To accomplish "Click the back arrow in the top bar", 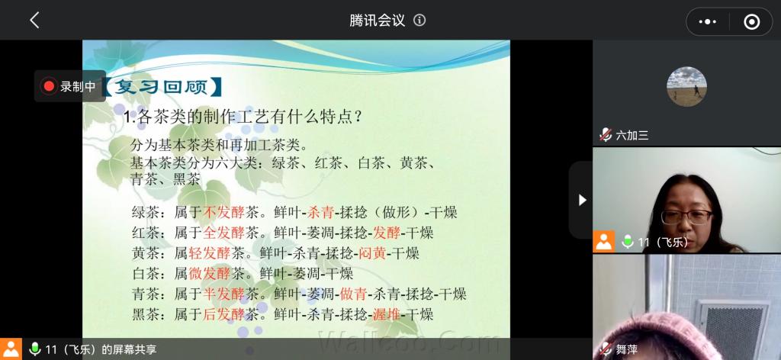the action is click(x=34, y=21).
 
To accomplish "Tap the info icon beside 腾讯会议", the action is click(x=420, y=21).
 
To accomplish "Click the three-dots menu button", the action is click(x=707, y=21).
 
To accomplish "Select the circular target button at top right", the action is click(x=751, y=21).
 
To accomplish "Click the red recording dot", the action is click(x=49, y=86).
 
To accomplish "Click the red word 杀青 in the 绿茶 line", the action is click(x=321, y=213).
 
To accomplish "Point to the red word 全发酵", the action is click(x=224, y=233).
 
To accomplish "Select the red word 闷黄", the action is click(x=372, y=253).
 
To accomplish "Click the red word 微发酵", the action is click(x=210, y=273).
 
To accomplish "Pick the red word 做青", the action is click(x=354, y=294).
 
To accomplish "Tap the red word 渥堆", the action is click(x=387, y=314).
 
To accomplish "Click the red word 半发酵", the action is click(x=224, y=294).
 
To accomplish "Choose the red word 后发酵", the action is click(x=224, y=314).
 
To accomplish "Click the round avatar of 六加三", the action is click(x=686, y=87).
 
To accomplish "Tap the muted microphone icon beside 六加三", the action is click(x=606, y=134).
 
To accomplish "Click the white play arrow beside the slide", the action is click(x=582, y=200).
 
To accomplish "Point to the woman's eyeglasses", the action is click(x=687, y=216).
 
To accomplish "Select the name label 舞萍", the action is click(x=627, y=349).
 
